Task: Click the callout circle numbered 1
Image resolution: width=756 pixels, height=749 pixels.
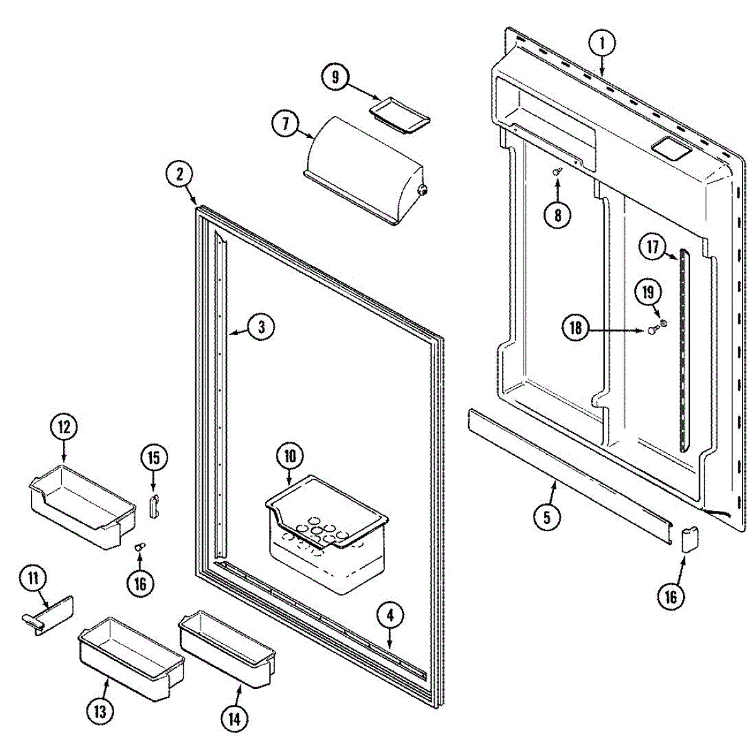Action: [x=602, y=43]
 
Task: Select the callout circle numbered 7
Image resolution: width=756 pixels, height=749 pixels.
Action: [x=285, y=123]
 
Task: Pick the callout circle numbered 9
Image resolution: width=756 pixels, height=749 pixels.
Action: [x=335, y=77]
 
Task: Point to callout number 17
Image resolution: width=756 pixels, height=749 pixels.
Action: [x=652, y=247]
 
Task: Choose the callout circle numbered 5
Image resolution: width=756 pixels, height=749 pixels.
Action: [x=546, y=517]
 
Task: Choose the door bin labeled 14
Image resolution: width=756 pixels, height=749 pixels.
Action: [x=227, y=648]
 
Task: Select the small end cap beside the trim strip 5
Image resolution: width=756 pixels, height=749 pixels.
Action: [x=690, y=540]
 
